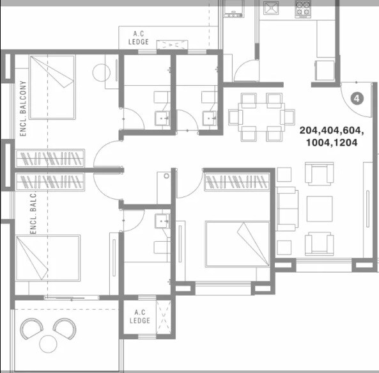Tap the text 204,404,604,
[331, 131]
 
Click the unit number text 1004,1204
[331, 143]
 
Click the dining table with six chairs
[256, 116]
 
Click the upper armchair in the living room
[319, 173]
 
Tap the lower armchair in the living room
[319, 243]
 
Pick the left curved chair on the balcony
[31, 330]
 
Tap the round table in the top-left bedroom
[102, 72]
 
